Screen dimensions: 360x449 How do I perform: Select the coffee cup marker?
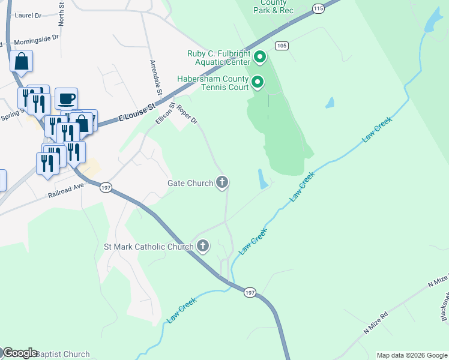[x=66, y=98]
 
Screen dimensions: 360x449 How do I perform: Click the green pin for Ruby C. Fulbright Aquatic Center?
[x=260, y=58]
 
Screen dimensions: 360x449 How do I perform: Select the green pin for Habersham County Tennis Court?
[x=258, y=82]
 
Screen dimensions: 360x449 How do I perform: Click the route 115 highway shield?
[x=318, y=8]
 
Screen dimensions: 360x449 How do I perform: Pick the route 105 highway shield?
[x=282, y=46]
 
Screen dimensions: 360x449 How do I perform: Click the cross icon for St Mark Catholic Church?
[x=203, y=246]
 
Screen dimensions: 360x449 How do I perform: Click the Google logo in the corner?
[x=20, y=353]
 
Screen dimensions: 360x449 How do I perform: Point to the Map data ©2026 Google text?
[x=412, y=355]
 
